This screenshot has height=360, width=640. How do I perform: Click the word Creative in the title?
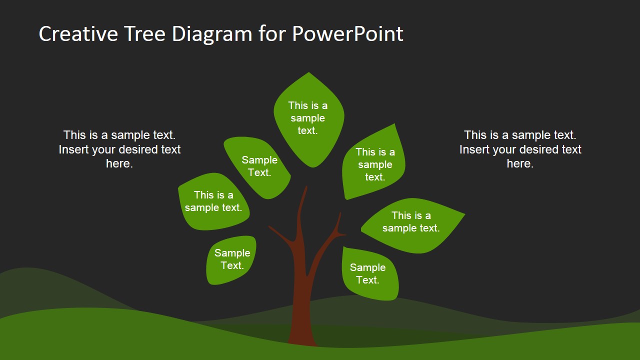78,33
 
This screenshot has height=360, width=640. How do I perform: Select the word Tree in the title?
145,33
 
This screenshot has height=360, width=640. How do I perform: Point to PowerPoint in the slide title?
347,33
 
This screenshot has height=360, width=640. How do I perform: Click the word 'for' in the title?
272,33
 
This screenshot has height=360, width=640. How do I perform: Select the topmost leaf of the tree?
309,119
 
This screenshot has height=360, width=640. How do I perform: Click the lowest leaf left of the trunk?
231,260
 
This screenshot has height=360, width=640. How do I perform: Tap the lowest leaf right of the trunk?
370,273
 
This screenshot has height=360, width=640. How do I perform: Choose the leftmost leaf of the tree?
213,201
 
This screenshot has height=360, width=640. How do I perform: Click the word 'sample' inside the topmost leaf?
307,118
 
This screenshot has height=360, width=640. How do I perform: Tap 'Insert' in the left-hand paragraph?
73,149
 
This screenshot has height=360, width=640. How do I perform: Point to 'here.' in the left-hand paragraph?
119,163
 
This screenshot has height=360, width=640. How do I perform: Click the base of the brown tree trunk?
303,343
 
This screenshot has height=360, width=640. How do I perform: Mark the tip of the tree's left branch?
268,226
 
